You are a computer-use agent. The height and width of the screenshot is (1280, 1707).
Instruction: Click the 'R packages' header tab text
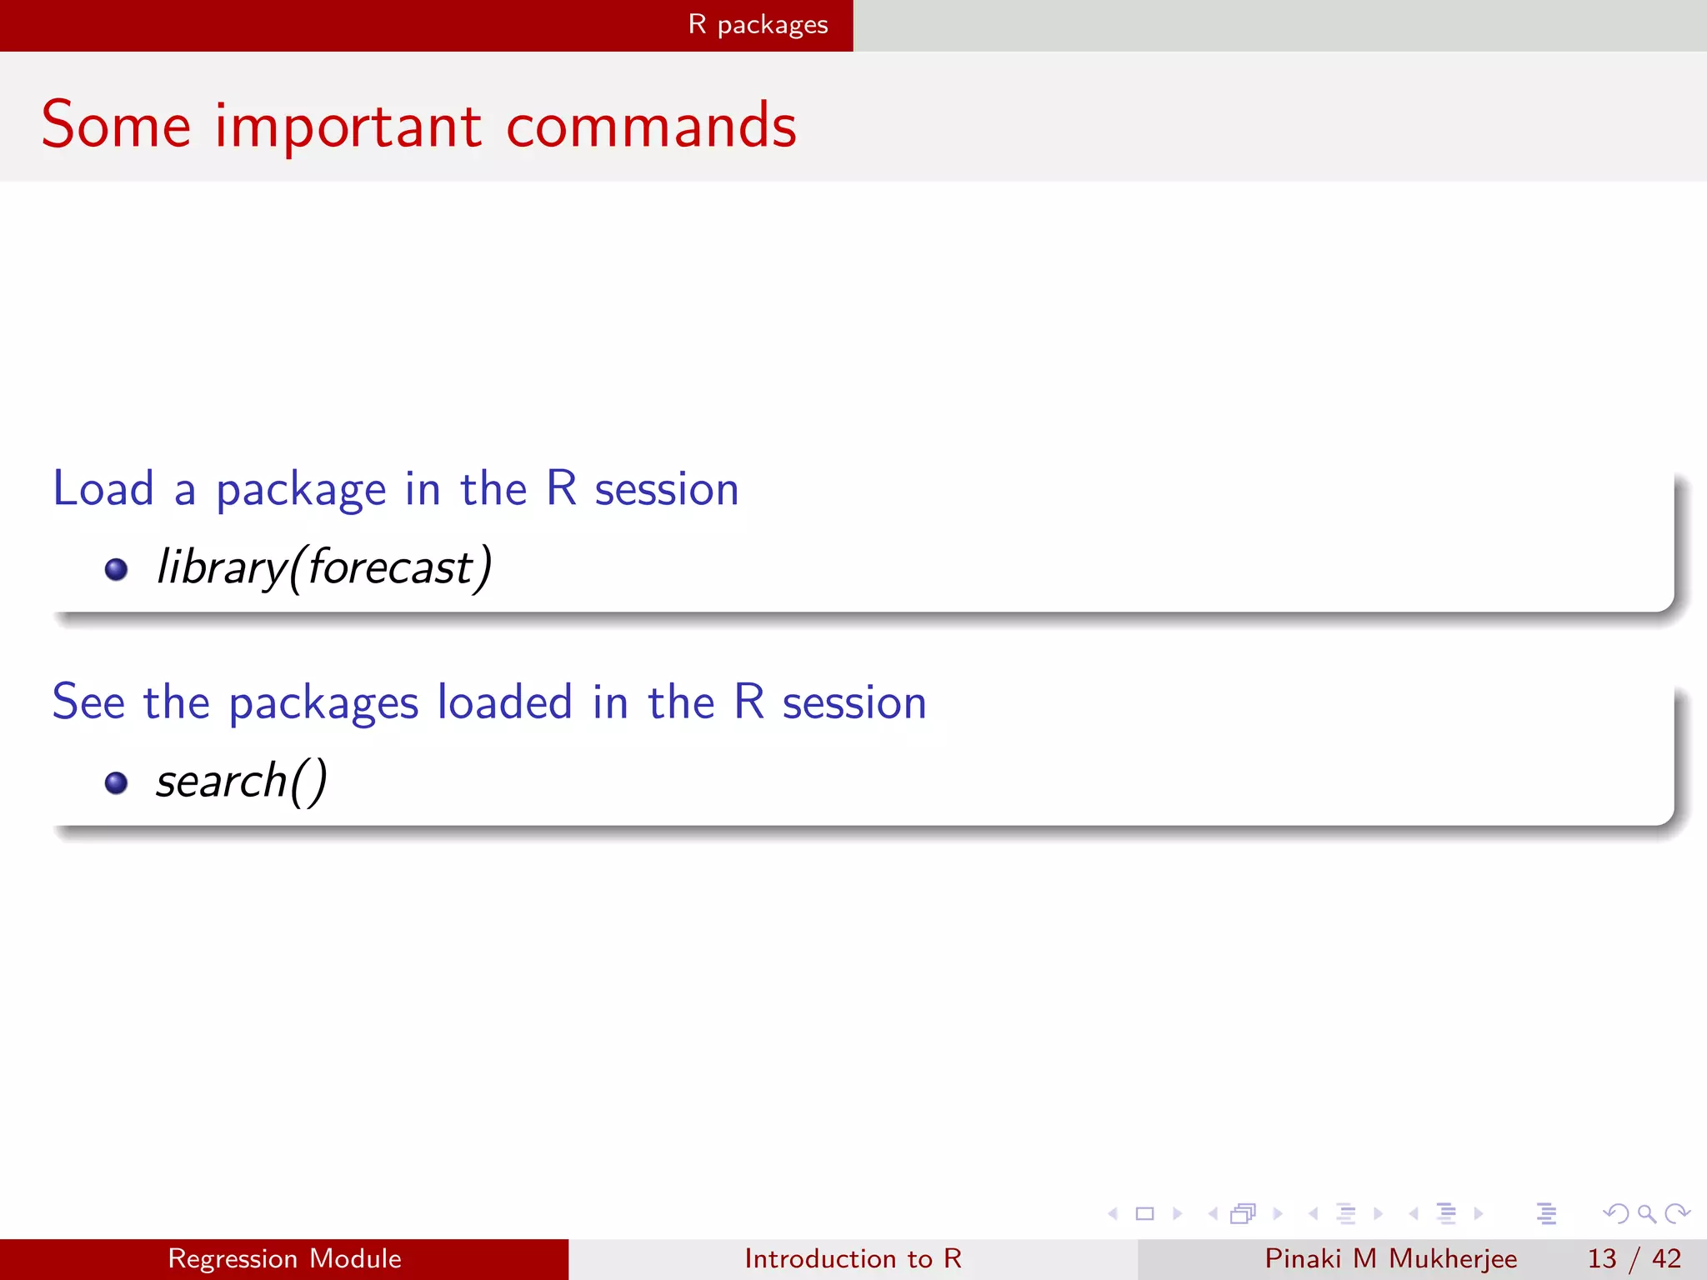758,25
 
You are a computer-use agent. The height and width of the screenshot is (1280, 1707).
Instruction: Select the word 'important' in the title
348,127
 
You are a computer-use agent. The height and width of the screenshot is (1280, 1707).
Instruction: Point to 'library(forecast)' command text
324,567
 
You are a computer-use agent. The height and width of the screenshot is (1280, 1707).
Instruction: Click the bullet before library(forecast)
116,569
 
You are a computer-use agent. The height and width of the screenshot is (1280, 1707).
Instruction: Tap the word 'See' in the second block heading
88,702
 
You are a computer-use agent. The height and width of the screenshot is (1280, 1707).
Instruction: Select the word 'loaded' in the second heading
504,702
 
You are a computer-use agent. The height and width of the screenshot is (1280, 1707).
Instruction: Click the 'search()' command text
242,782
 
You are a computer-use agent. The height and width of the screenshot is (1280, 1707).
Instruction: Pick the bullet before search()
116,782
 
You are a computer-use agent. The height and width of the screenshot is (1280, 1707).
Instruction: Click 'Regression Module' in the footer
284,1258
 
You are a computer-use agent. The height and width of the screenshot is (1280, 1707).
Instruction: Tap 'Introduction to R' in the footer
853,1258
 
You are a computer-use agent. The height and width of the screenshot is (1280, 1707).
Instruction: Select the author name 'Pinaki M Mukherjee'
1390,1258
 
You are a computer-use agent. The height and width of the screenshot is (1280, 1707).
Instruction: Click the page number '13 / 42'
1634,1258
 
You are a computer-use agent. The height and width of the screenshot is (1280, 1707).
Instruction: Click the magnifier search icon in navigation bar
1646,1213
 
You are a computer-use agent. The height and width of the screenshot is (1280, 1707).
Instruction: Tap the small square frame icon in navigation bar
1144,1213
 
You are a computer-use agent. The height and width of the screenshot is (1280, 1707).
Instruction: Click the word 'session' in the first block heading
666,489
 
